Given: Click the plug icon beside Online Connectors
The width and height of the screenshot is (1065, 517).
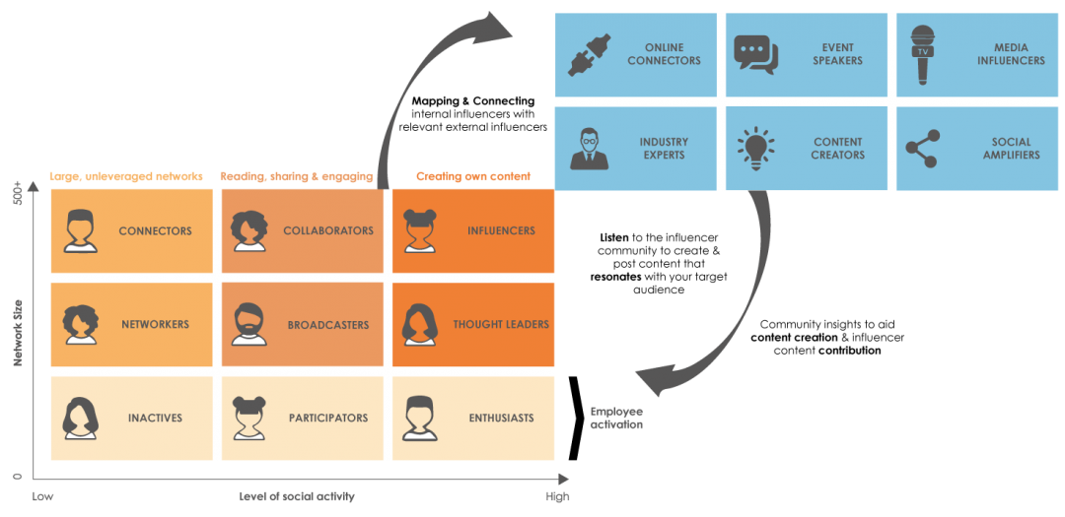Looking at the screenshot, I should (590, 54).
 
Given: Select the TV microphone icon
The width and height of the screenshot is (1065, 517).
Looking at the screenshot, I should (921, 54).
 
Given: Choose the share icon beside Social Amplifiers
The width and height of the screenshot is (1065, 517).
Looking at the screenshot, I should (922, 149).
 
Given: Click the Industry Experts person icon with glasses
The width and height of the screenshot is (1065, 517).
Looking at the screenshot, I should (590, 149).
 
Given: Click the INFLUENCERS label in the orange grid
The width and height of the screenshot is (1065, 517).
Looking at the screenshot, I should (501, 231).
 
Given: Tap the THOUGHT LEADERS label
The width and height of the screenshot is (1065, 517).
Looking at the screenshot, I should (501, 325).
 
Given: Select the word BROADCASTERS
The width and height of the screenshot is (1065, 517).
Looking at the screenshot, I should (328, 325).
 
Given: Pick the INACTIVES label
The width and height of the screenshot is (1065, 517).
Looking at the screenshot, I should (155, 419).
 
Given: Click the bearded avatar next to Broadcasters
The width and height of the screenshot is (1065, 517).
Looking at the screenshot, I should (249, 325).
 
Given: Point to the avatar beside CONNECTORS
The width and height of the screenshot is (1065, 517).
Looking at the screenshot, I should (80, 231).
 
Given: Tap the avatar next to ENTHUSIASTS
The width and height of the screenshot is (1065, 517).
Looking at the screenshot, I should (420, 419).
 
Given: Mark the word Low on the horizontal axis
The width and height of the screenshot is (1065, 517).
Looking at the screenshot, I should (42, 496).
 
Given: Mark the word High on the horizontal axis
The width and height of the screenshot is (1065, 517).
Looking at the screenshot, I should (557, 496).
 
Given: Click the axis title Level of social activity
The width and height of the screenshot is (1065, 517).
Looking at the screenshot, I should (297, 496).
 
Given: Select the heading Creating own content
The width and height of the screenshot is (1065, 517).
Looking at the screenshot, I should (473, 176).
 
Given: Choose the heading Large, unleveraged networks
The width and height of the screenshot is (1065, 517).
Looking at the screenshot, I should (125, 176).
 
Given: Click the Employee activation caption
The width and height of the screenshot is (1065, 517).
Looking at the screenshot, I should (617, 418).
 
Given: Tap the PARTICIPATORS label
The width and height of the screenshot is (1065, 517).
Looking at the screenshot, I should (328, 419).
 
